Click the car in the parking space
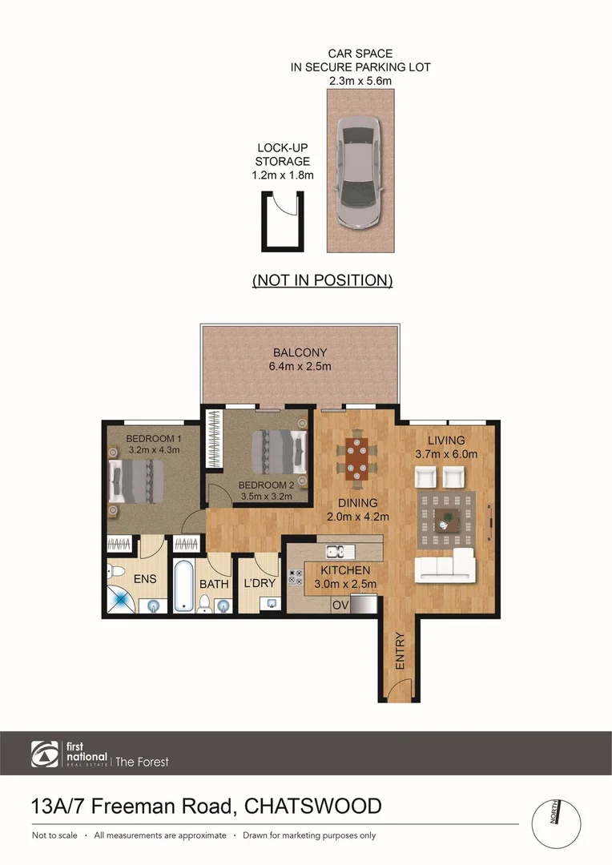coord(360,171)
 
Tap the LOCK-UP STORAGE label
coord(283,161)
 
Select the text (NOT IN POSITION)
coord(322,280)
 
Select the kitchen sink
coord(335,551)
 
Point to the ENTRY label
coord(400,651)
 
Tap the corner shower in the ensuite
coord(119,599)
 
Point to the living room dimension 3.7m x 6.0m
coord(445,454)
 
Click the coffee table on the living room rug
coord(444,521)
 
